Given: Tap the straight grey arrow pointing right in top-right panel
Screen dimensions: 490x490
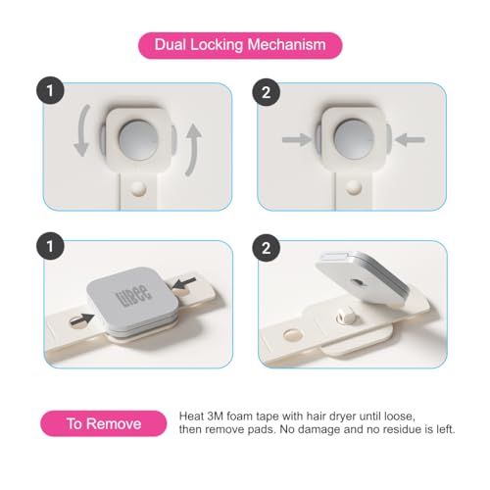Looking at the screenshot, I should (296, 140).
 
